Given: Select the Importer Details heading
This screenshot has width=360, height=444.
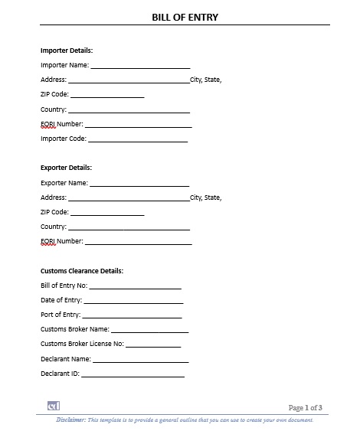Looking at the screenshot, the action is coord(67,51).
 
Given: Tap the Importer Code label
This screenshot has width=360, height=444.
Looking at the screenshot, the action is coord(63,139).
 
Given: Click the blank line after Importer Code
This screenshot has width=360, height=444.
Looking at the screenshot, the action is coord(138,141).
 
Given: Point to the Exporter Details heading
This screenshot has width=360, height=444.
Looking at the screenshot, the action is coord(66,167).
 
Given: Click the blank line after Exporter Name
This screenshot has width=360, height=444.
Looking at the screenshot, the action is coord(139,185).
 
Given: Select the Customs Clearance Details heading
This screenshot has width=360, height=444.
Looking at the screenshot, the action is coord(81,271).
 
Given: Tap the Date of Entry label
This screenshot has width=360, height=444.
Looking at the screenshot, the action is coord(61,300).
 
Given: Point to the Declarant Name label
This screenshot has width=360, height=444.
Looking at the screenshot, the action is coord(65,358).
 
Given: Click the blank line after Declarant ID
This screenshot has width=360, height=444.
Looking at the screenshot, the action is coord(133,375).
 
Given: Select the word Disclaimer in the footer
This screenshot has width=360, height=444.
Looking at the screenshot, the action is coord(70,420).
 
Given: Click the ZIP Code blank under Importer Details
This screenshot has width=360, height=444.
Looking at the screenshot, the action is coord(107,96).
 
